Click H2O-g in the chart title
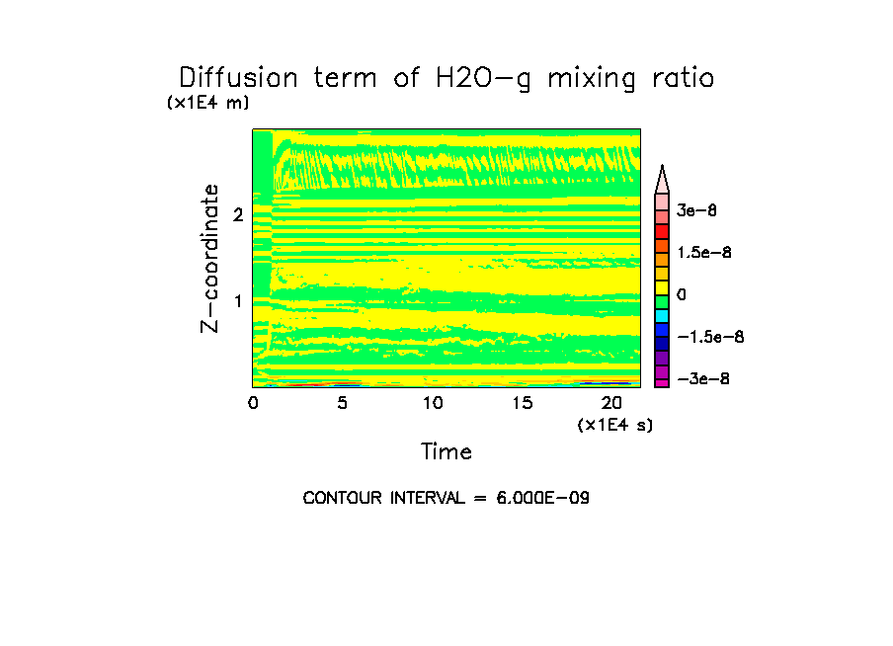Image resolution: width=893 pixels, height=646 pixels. coord(476,79)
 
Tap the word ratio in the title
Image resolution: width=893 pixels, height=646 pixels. coord(679,78)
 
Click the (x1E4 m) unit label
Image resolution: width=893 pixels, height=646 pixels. coord(207,103)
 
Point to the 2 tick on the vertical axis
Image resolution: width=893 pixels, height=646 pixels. coord(238,214)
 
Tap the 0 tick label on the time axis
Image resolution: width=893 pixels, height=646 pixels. coord(253,403)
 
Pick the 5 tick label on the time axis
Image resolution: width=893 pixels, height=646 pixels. coord(342,403)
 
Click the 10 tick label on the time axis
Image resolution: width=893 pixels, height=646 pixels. coord(432,403)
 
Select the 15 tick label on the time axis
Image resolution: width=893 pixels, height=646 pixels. coord(522,403)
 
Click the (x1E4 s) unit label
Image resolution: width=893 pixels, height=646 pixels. coord(615,425)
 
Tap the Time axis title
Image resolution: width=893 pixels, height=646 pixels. coord(446,452)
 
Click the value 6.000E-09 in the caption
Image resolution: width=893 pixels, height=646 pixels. coord(539,498)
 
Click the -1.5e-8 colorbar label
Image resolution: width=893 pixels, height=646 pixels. coord(709,337)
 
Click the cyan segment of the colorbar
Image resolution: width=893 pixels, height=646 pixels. coord(662,315)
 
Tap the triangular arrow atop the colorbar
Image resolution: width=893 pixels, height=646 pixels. coord(662,180)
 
